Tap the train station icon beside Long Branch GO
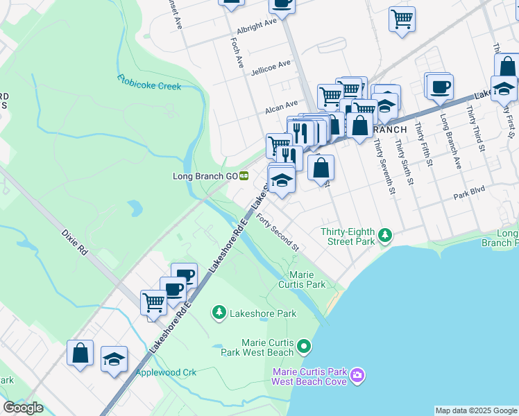pos(244,176)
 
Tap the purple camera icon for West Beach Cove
pos(357,375)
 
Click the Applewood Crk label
pos(166,372)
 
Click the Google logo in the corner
pos(24,408)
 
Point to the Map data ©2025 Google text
pos(475,410)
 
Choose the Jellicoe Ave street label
pos(271,65)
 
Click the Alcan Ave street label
pos(281,110)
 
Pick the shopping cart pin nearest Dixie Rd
pos(153,302)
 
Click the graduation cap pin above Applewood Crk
pos(114,359)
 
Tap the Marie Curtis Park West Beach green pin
pos(303,345)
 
